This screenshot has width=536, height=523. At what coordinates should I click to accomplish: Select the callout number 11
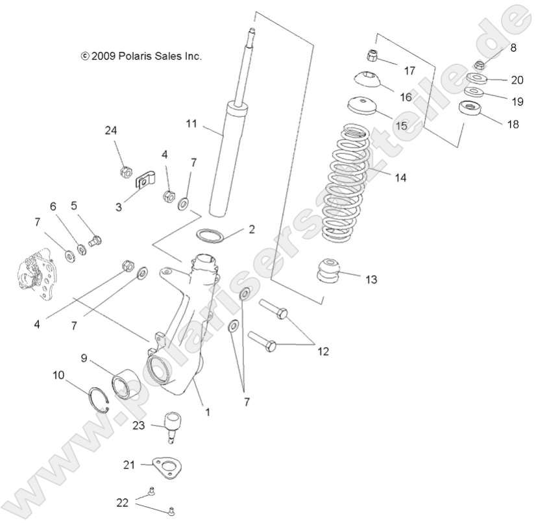(x=190, y=123)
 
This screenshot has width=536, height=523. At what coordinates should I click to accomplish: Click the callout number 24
(x=112, y=130)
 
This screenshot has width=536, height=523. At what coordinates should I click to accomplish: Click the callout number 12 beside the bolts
(x=323, y=352)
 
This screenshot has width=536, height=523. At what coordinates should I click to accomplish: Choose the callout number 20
(x=517, y=80)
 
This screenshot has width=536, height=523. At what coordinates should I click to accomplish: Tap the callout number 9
(x=84, y=358)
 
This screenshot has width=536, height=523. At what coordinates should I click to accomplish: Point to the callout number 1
(x=206, y=411)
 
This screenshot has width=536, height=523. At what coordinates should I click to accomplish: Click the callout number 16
(x=406, y=97)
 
